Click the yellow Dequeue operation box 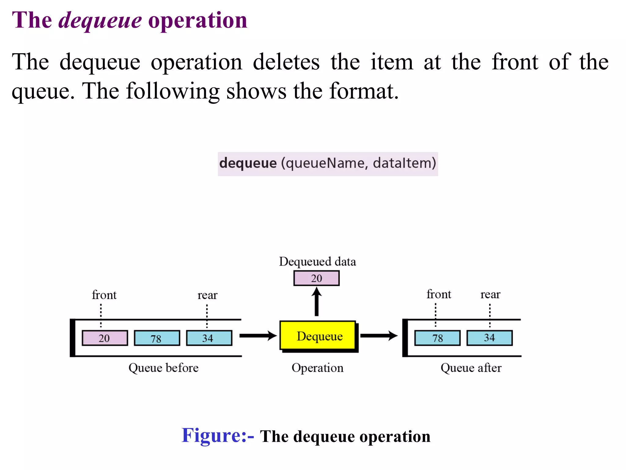coord(318,335)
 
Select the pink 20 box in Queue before coord(105,338)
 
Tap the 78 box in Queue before coord(157,338)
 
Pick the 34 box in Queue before coord(209,338)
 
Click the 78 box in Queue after coord(437,338)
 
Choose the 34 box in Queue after coord(489,338)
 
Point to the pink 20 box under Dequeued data coord(316,278)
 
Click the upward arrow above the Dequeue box coord(317,301)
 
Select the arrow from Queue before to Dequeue coord(258,336)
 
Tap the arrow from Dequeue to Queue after coord(379,336)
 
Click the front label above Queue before coord(104,295)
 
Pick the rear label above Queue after coord(490,294)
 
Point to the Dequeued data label coord(317,262)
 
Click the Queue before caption coord(163,367)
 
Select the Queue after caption coord(471,367)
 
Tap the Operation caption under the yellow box coord(317,367)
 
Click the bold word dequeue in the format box coord(248,163)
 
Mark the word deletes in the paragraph coord(286,62)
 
